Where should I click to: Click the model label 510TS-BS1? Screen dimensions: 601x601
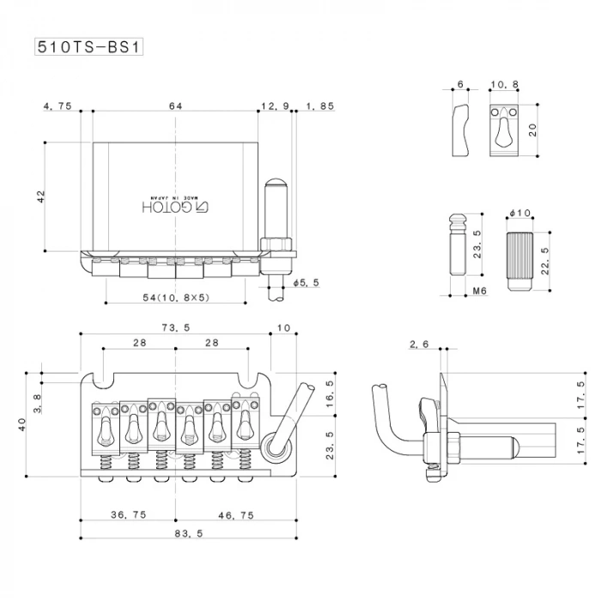[87, 46]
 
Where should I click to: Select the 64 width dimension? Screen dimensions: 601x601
[175, 106]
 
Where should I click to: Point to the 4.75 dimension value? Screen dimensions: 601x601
[57, 106]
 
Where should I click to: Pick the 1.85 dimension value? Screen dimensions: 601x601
[319, 106]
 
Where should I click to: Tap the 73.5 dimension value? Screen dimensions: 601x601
[175, 328]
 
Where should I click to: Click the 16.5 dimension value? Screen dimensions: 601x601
[329, 392]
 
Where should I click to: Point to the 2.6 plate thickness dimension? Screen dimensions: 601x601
[419, 344]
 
